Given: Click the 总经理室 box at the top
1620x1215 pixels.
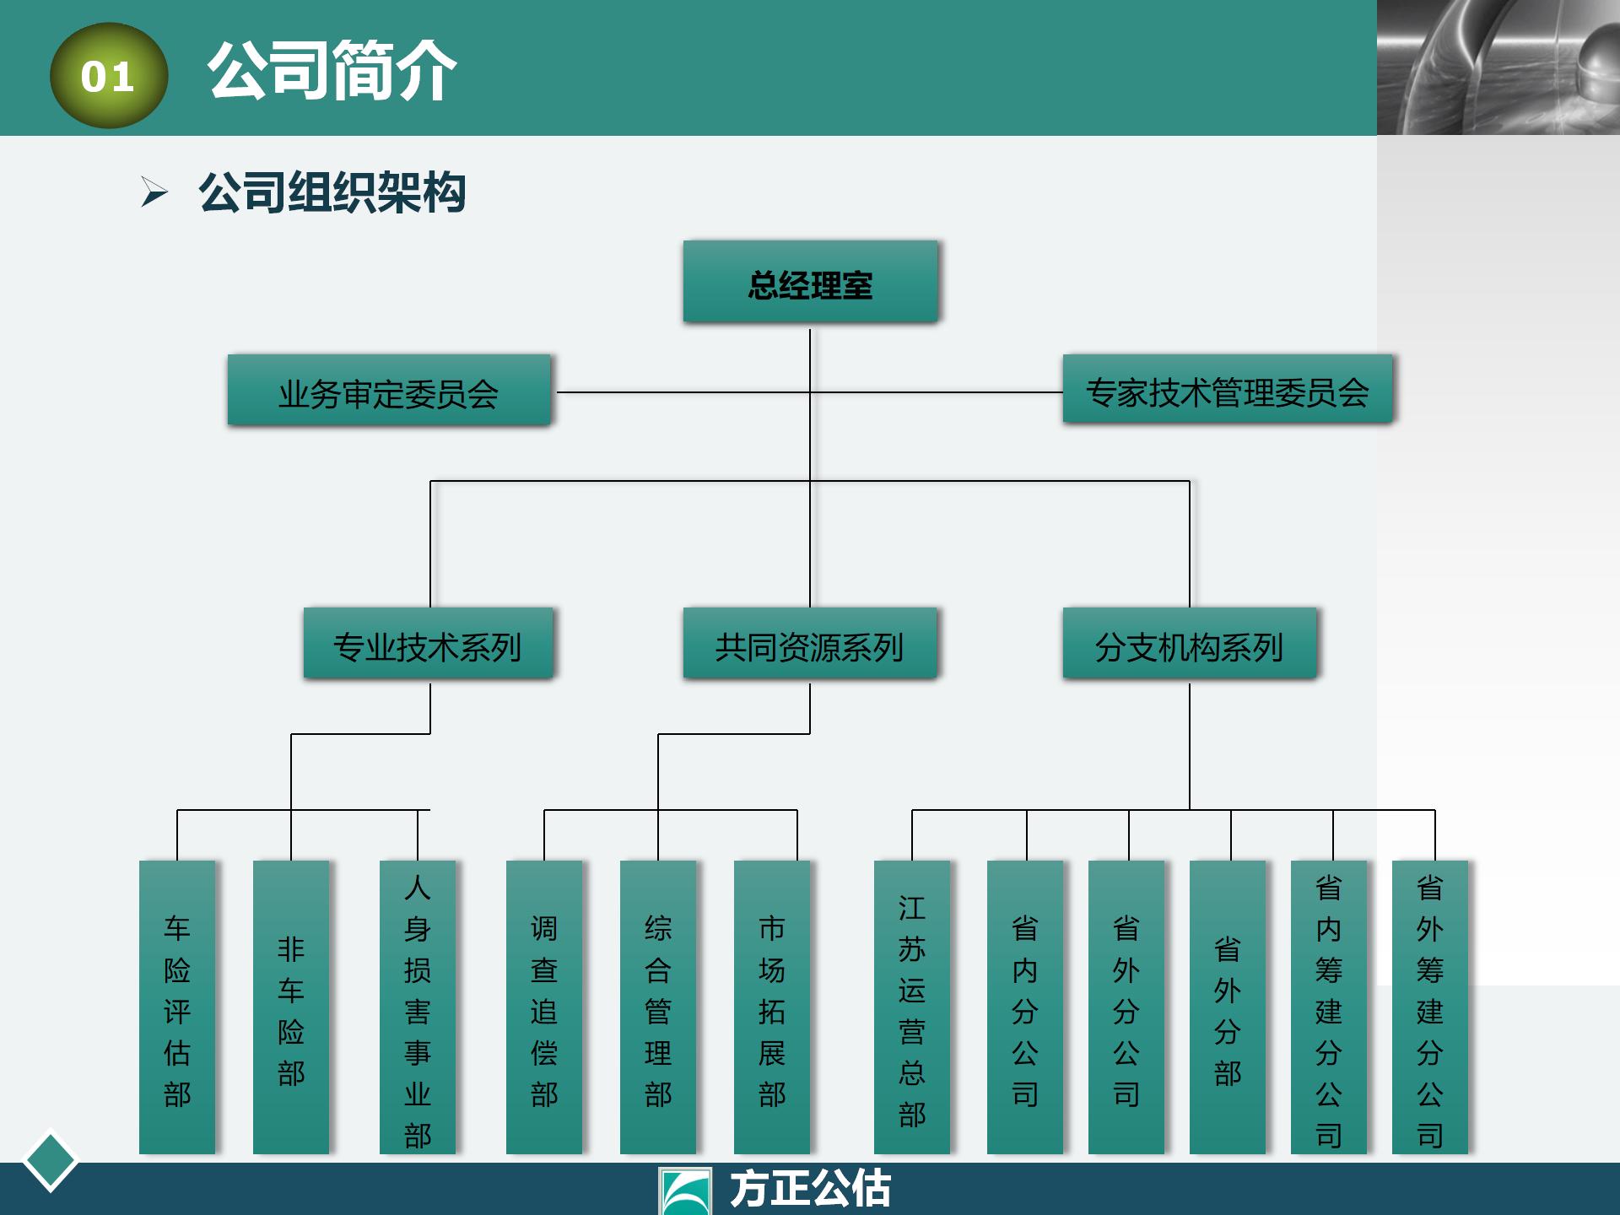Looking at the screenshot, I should [810, 282].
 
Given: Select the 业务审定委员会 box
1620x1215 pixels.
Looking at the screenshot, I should [389, 391].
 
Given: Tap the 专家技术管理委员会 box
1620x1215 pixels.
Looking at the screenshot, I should [1227, 390].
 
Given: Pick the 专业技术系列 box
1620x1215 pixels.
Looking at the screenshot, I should [429, 644].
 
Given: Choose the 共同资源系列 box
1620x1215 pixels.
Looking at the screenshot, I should [810, 644].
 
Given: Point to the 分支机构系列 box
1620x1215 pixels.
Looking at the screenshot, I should [1189, 644].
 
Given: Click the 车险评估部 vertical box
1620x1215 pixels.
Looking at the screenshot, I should [177, 1007].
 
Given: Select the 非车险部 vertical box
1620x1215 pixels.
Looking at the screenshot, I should [291, 1007].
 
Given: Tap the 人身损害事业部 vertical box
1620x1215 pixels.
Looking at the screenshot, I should [418, 1007].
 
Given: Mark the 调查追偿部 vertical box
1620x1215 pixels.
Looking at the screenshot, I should [544, 1007].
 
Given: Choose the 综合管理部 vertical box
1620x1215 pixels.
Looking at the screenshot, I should [658, 1007].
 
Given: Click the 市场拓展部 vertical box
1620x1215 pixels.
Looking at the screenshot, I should [772, 1007].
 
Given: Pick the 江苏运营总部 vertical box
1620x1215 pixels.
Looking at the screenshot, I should [912, 1007].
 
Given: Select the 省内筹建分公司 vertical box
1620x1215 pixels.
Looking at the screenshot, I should [1329, 1007].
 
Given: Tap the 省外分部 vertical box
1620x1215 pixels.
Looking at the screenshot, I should [1228, 1007].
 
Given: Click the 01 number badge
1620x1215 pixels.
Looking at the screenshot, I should [108, 76].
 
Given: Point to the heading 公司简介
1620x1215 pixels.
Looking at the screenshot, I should [332, 71].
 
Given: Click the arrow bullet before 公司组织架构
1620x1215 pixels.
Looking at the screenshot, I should [154, 192].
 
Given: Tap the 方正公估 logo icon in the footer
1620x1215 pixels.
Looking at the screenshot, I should [685, 1191].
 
